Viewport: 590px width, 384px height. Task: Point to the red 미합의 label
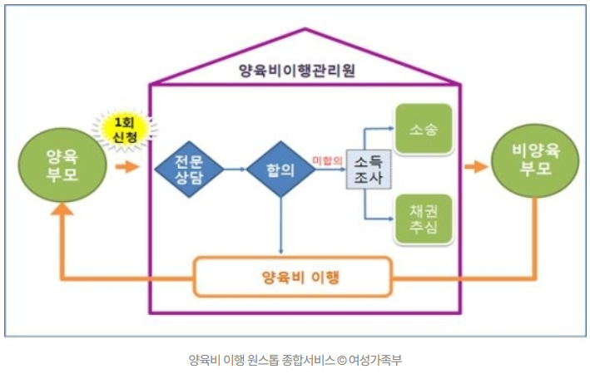[327, 160]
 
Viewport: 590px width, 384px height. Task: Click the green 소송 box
[424, 130]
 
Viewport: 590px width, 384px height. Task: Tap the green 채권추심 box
[424, 218]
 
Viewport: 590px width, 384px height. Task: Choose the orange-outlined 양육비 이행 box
[292, 277]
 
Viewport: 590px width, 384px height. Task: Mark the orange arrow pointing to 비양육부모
[475, 167]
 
